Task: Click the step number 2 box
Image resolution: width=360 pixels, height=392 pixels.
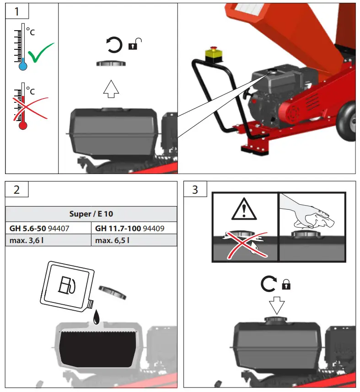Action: (x=17, y=189)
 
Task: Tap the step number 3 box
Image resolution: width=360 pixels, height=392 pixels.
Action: (x=195, y=189)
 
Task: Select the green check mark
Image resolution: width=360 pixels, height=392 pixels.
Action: (x=41, y=53)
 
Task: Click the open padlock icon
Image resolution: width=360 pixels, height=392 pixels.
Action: (x=135, y=44)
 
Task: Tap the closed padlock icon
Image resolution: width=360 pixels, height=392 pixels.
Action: (x=286, y=285)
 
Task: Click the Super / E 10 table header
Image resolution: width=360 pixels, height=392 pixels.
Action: (x=91, y=214)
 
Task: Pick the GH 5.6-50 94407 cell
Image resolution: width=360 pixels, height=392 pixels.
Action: (x=48, y=228)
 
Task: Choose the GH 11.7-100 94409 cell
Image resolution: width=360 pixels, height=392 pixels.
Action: (x=134, y=228)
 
